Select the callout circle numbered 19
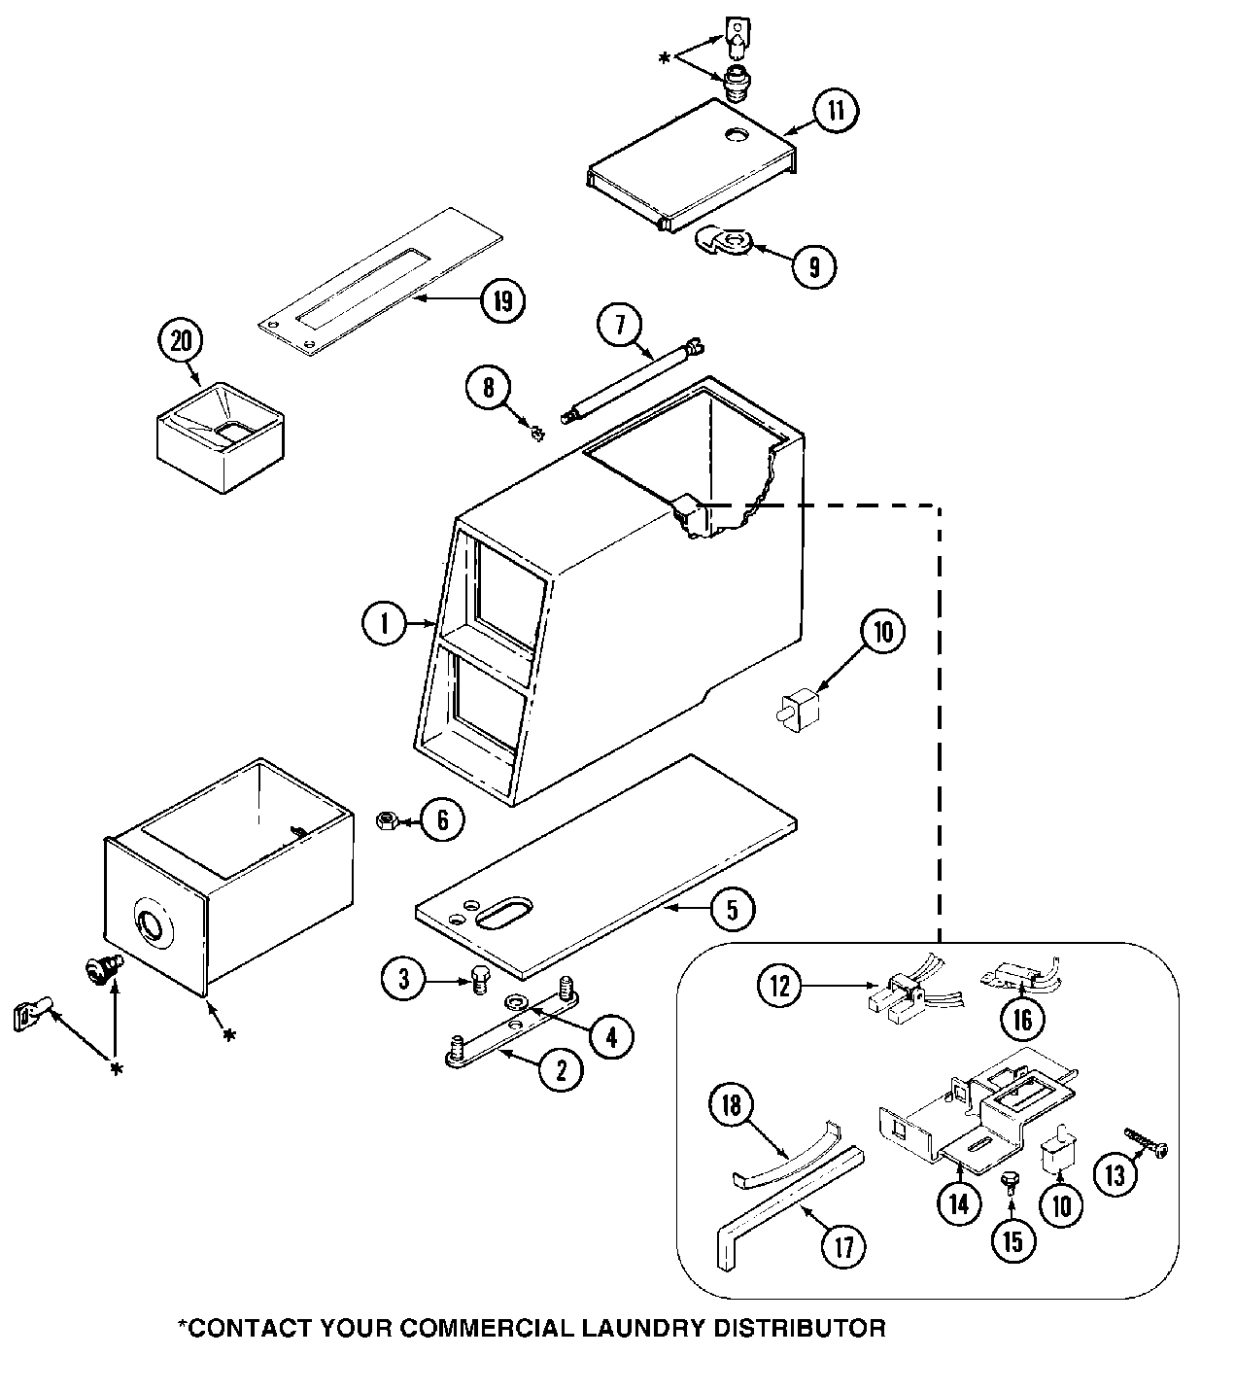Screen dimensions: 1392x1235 coord(502,300)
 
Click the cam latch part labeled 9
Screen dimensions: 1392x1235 coord(726,239)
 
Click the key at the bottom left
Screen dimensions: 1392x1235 coord(30,1016)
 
